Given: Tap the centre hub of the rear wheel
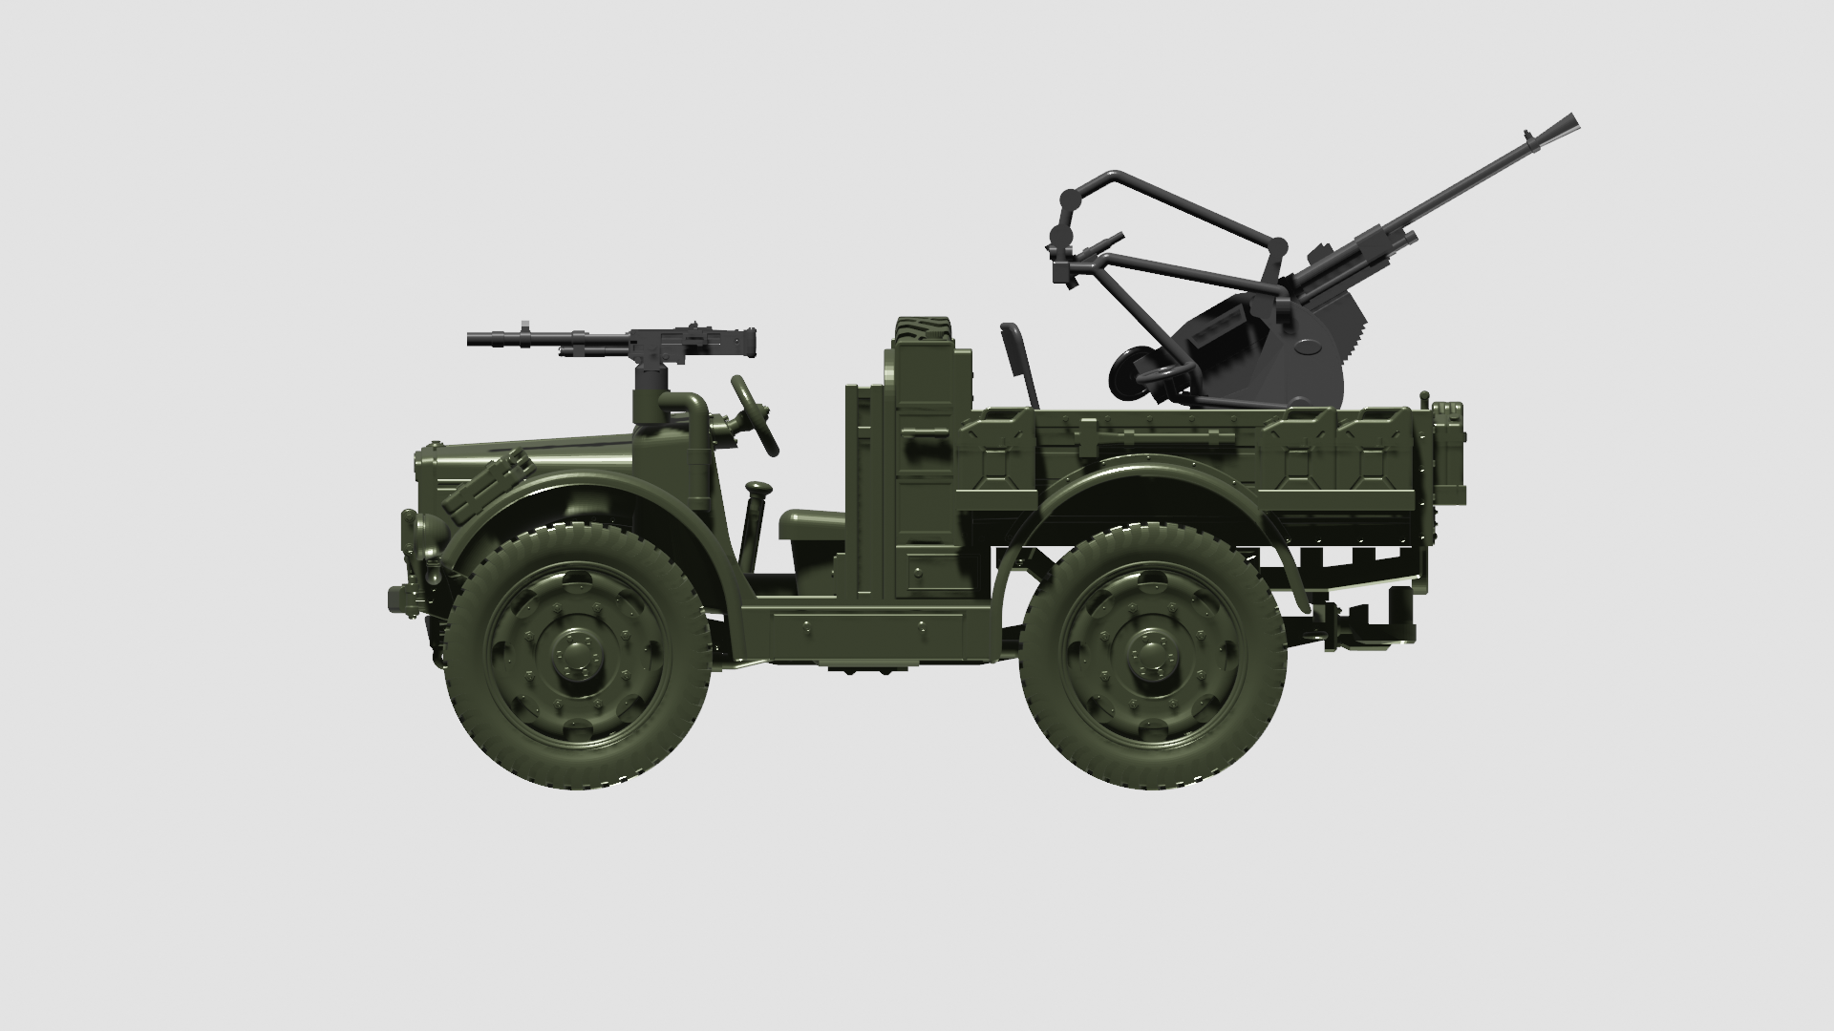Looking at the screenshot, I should point(1152,653).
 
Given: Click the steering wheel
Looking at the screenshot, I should point(755,414).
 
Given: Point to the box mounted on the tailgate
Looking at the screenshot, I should point(1448,454).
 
